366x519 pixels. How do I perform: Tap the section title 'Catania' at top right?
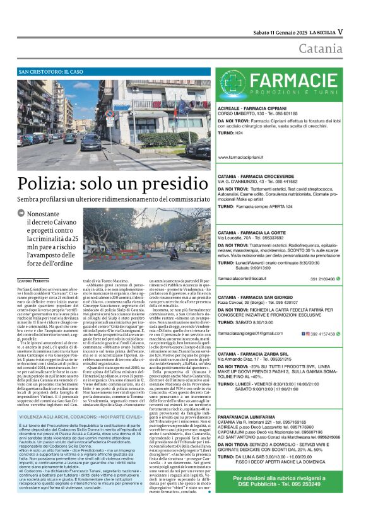[321, 49]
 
